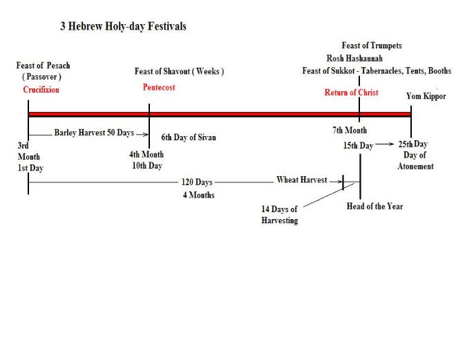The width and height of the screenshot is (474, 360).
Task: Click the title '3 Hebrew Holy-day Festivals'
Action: (123, 27)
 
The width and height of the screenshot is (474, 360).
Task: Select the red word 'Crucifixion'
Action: (41, 90)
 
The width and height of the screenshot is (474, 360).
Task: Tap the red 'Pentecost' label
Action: (159, 88)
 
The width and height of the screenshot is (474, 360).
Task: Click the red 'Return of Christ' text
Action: (351, 93)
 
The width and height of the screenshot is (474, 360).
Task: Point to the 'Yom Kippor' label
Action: (426, 97)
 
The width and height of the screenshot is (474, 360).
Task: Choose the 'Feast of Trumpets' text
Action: (372, 46)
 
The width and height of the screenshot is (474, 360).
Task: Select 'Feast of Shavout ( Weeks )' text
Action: (179, 71)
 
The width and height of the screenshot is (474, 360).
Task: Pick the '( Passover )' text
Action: (42, 77)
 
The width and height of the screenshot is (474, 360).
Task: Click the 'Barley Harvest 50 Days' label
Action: (94, 132)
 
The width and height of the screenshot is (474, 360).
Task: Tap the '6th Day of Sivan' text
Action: (189, 138)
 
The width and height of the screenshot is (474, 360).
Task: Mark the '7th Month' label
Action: (350, 131)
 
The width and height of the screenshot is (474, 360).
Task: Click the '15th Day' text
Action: (357, 146)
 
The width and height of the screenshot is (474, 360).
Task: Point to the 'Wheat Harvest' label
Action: (302, 180)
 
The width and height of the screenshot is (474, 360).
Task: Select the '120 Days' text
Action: (197, 182)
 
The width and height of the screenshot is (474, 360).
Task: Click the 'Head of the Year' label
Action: (375, 207)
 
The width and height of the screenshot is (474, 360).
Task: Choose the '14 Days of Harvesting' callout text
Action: (279, 215)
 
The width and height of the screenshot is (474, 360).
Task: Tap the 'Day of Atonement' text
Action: (415, 161)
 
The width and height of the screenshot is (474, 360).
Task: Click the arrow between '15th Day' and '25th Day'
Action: (386, 146)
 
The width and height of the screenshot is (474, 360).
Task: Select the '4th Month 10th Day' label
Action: (146, 160)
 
